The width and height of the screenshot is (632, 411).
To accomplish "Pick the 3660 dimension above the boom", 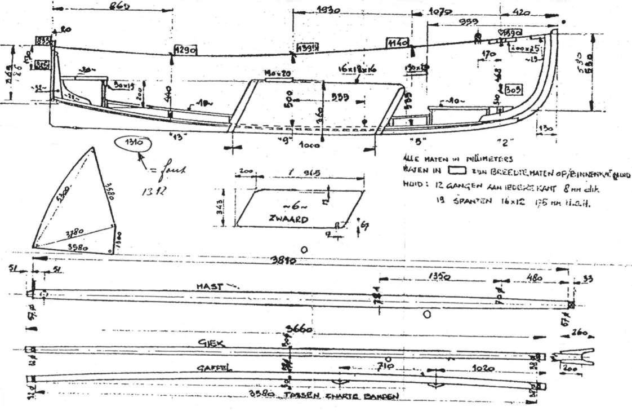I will pyautogui.click(x=299, y=329).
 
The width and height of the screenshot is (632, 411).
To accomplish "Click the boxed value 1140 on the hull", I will pyautogui.click(x=397, y=42).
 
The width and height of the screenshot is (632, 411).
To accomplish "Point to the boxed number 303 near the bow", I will pyautogui.click(x=512, y=90).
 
